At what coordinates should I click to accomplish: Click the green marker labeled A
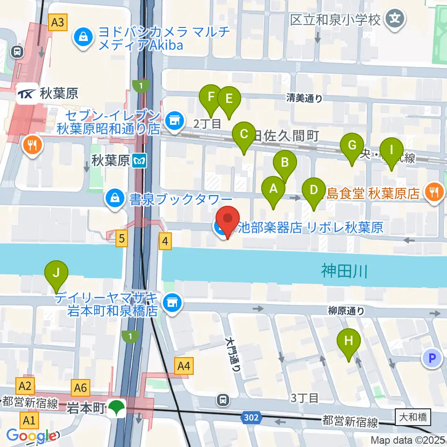point(273,190)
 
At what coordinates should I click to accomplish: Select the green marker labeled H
point(349,341)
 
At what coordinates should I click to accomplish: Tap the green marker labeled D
point(314,190)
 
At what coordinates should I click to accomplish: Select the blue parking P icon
point(432,358)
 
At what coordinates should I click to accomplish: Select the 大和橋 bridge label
point(413,417)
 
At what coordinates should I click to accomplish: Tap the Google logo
point(31,436)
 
